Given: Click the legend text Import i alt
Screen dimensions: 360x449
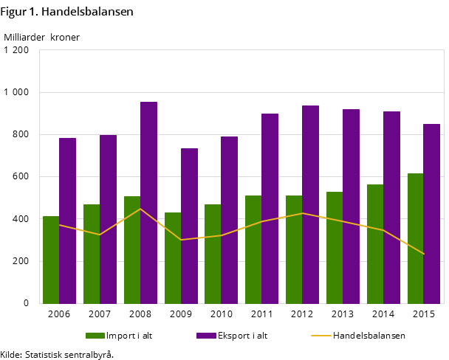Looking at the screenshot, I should coord(129,336).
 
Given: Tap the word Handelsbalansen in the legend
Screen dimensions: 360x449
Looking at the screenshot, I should coord(369,336).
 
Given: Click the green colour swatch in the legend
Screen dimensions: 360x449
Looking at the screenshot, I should coord(95,336).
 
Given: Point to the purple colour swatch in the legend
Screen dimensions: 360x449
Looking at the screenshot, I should coord(206,336).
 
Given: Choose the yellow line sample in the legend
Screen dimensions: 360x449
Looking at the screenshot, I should coord(321,336).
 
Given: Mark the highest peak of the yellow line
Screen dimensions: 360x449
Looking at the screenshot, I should coord(140,209).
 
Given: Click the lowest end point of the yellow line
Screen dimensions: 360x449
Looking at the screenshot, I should coord(424,254).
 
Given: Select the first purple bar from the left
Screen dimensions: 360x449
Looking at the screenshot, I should coord(67,221).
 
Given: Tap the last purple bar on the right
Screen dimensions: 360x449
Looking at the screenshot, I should coord(432,214).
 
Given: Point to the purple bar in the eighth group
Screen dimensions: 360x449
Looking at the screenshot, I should coord(351,207).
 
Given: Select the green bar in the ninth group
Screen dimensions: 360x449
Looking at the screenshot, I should coord(375,243).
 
